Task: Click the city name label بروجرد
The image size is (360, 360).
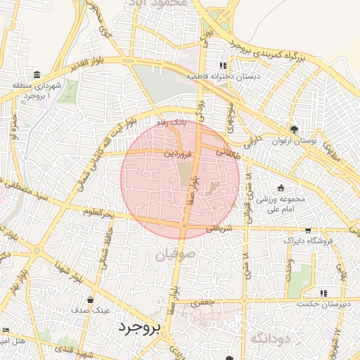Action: (140, 328)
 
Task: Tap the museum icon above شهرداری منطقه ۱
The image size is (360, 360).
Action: (37, 75)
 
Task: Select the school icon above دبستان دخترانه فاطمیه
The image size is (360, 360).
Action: (224, 65)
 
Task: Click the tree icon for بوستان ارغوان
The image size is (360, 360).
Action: (293, 129)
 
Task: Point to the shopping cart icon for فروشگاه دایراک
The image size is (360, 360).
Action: (308, 230)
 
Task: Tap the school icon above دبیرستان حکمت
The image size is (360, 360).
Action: (323, 293)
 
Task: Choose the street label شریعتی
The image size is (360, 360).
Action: (217, 229)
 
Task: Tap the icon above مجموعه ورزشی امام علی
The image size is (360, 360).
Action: (281, 188)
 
